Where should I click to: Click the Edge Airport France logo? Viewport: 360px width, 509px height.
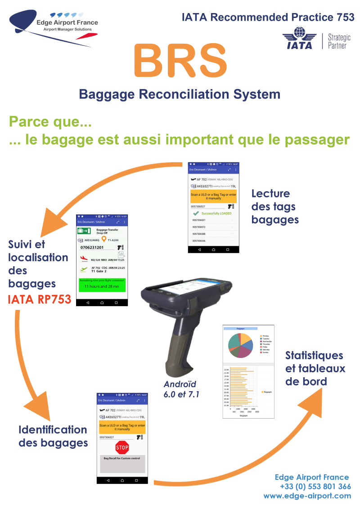pos(54,27)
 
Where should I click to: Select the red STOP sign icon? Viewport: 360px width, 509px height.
pos(122,447)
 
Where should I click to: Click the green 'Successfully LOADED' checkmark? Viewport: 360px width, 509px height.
pos(196,214)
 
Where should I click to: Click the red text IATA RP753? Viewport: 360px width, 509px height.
pos(40,300)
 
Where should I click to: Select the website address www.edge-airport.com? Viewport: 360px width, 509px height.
pos(307,496)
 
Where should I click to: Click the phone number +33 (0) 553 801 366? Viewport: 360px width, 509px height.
pos(315,487)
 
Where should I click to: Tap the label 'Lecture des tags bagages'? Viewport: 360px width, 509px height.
pos(274,207)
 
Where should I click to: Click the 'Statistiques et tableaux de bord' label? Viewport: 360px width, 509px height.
pos(315,369)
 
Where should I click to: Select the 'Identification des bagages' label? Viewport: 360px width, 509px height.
pos(53,436)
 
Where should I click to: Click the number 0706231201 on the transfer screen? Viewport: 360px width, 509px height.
pos(92,247)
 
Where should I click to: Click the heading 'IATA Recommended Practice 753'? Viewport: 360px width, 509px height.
pos(268,18)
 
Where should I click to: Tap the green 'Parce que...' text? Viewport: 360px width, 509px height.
pos(50,122)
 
